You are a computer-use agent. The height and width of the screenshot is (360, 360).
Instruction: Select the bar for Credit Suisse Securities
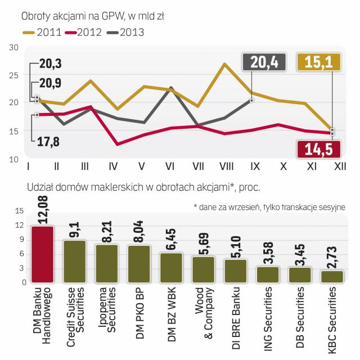(75, 261)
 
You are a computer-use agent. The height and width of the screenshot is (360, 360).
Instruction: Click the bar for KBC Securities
(332, 276)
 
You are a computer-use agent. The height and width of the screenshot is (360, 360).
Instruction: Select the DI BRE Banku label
(236, 315)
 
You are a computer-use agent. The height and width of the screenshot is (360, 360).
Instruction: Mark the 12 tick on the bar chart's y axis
(19, 225)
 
